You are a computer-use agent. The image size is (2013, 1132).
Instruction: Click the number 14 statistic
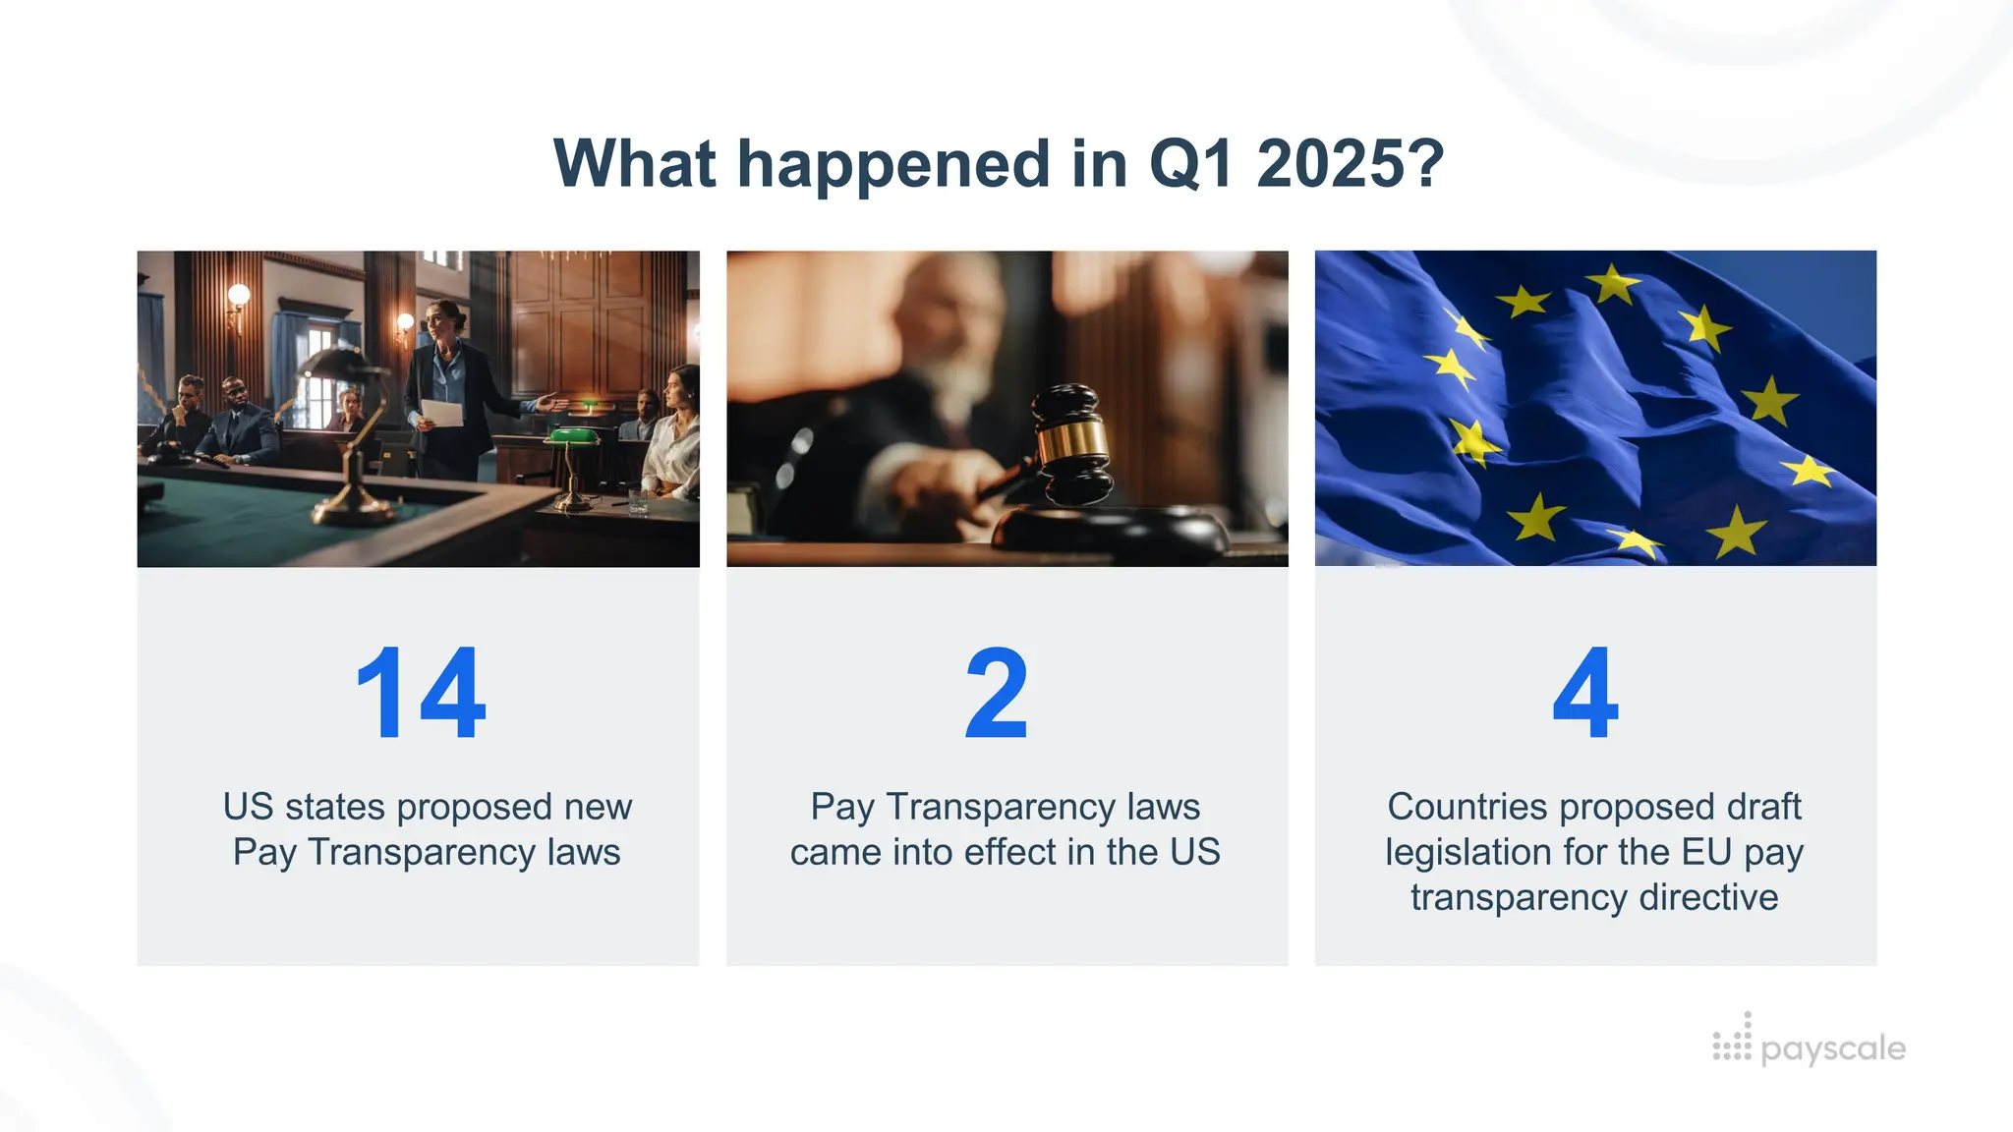tap(421, 694)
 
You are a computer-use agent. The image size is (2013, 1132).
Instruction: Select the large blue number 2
tap(997, 694)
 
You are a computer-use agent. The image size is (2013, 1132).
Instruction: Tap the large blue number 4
tap(1585, 694)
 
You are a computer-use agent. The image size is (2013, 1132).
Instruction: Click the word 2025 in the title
tap(1352, 163)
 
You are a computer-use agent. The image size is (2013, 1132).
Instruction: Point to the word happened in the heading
tap(893, 165)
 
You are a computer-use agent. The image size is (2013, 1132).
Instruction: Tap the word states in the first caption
tap(335, 807)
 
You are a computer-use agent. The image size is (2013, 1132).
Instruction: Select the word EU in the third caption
tap(1706, 852)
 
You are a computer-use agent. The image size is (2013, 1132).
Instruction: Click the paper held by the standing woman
tap(442, 413)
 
